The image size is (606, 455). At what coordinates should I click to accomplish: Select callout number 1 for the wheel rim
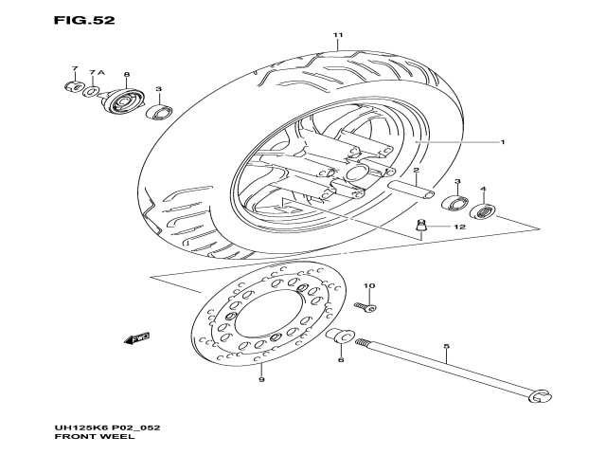(503, 143)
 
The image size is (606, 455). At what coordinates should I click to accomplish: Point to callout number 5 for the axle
(446, 348)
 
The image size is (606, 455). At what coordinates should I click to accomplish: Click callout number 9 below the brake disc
(261, 380)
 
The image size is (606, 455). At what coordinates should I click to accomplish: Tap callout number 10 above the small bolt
(368, 286)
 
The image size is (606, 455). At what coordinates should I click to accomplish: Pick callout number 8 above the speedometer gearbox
(126, 74)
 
